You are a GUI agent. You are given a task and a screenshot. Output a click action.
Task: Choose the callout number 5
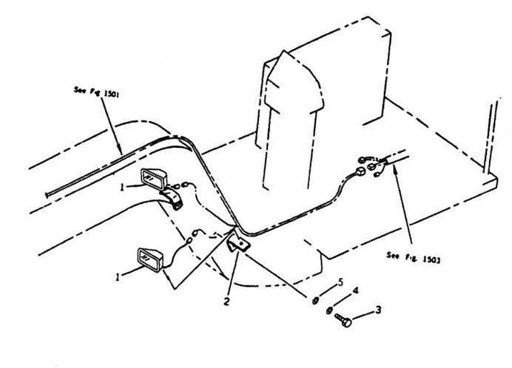click(x=341, y=281)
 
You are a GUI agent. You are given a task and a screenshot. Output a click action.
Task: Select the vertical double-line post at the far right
click(x=488, y=137)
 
